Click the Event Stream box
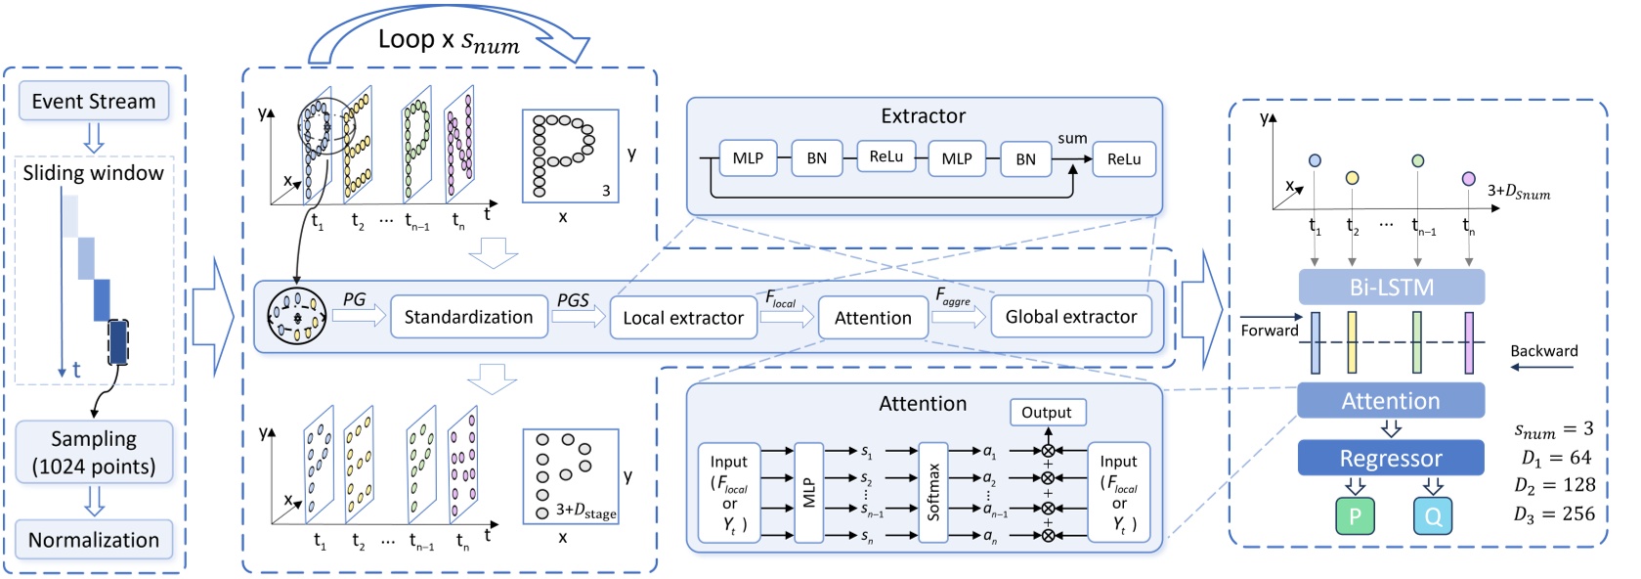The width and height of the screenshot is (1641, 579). click(x=94, y=101)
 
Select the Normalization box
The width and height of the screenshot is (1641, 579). click(x=94, y=540)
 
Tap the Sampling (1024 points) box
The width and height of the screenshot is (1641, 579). click(x=94, y=452)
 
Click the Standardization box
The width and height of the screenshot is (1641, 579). click(x=468, y=317)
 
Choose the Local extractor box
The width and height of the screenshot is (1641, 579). click(x=683, y=318)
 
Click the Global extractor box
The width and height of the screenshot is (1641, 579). click(x=1070, y=317)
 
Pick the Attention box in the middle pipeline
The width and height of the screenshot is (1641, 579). click(x=873, y=318)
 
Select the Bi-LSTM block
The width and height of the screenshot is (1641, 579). click(x=1391, y=288)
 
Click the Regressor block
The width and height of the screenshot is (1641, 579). click(x=1390, y=458)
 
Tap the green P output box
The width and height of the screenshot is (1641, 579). click(x=1355, y=516)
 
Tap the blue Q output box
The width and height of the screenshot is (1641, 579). click(x=1432, y=516)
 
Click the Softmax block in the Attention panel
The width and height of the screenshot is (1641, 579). click(x=932, y=492)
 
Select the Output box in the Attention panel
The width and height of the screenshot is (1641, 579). click(x=1046, y=412)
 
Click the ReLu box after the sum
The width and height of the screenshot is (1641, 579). click(x=1123, y=158)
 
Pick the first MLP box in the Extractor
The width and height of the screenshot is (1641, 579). click(x=748, y=157)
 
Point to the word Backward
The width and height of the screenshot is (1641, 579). click(x=1543, y=351)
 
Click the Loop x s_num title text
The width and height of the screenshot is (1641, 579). click(x=449, y=41)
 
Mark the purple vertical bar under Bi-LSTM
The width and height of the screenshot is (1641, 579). click(x=1468, y=342)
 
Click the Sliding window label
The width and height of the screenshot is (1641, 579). click(x=94, y=173)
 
